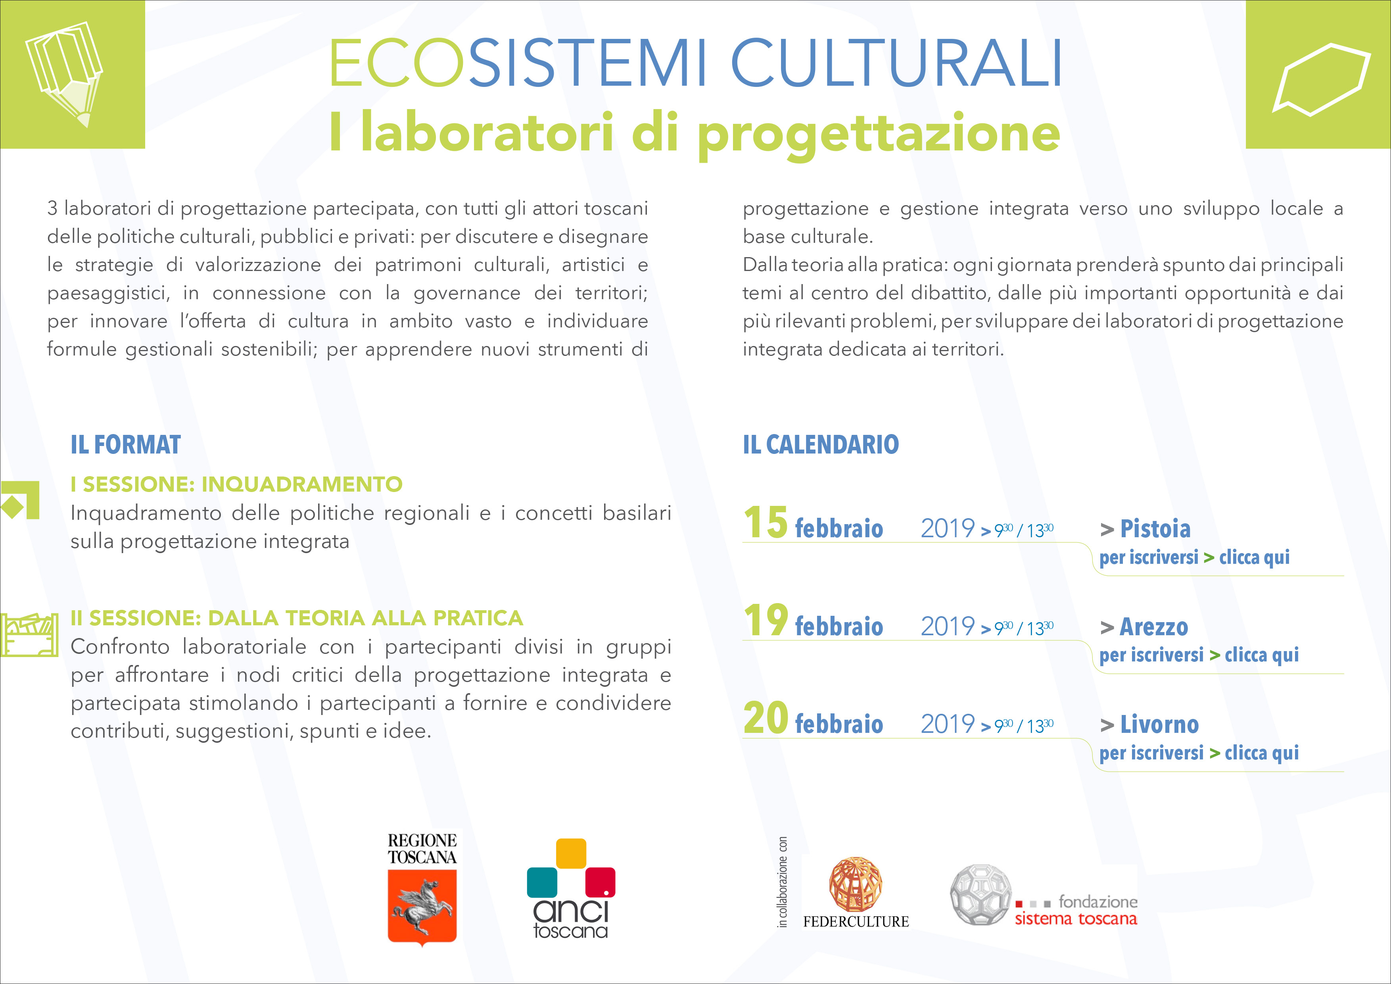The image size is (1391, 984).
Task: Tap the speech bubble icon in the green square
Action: coord(1321,79)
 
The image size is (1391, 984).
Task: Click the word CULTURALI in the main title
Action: coord(897,63)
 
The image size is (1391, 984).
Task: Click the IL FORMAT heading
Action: coord(125,445)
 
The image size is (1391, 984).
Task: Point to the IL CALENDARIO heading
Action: coord(821,445)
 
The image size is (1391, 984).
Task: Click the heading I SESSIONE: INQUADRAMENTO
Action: coord(236,484)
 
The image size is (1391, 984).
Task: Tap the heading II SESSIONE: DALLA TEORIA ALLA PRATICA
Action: coord(297,618)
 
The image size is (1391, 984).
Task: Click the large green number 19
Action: coord(766,621)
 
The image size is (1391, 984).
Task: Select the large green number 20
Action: coord(766,718)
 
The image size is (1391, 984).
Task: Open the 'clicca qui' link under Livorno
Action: coord(1262,753)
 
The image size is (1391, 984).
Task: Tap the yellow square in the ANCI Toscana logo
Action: coord(571,853)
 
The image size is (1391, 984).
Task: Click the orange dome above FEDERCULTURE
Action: coord(856,884)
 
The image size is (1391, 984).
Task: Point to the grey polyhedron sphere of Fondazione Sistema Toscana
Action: coord(981,894)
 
